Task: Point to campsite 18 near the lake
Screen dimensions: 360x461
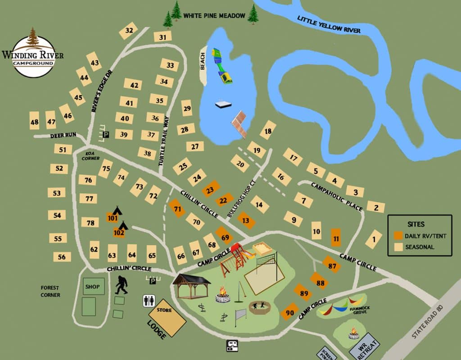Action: click(x=268, y=131)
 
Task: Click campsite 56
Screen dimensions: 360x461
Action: click(x=62, y=257)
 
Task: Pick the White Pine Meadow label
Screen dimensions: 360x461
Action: click(x=214, y=16)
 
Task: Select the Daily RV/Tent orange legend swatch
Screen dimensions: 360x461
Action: click(x=398, y=236)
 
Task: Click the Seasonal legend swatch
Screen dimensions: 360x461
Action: click(x=398, y=247)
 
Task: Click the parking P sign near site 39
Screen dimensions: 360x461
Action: click(x=106, y=134)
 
